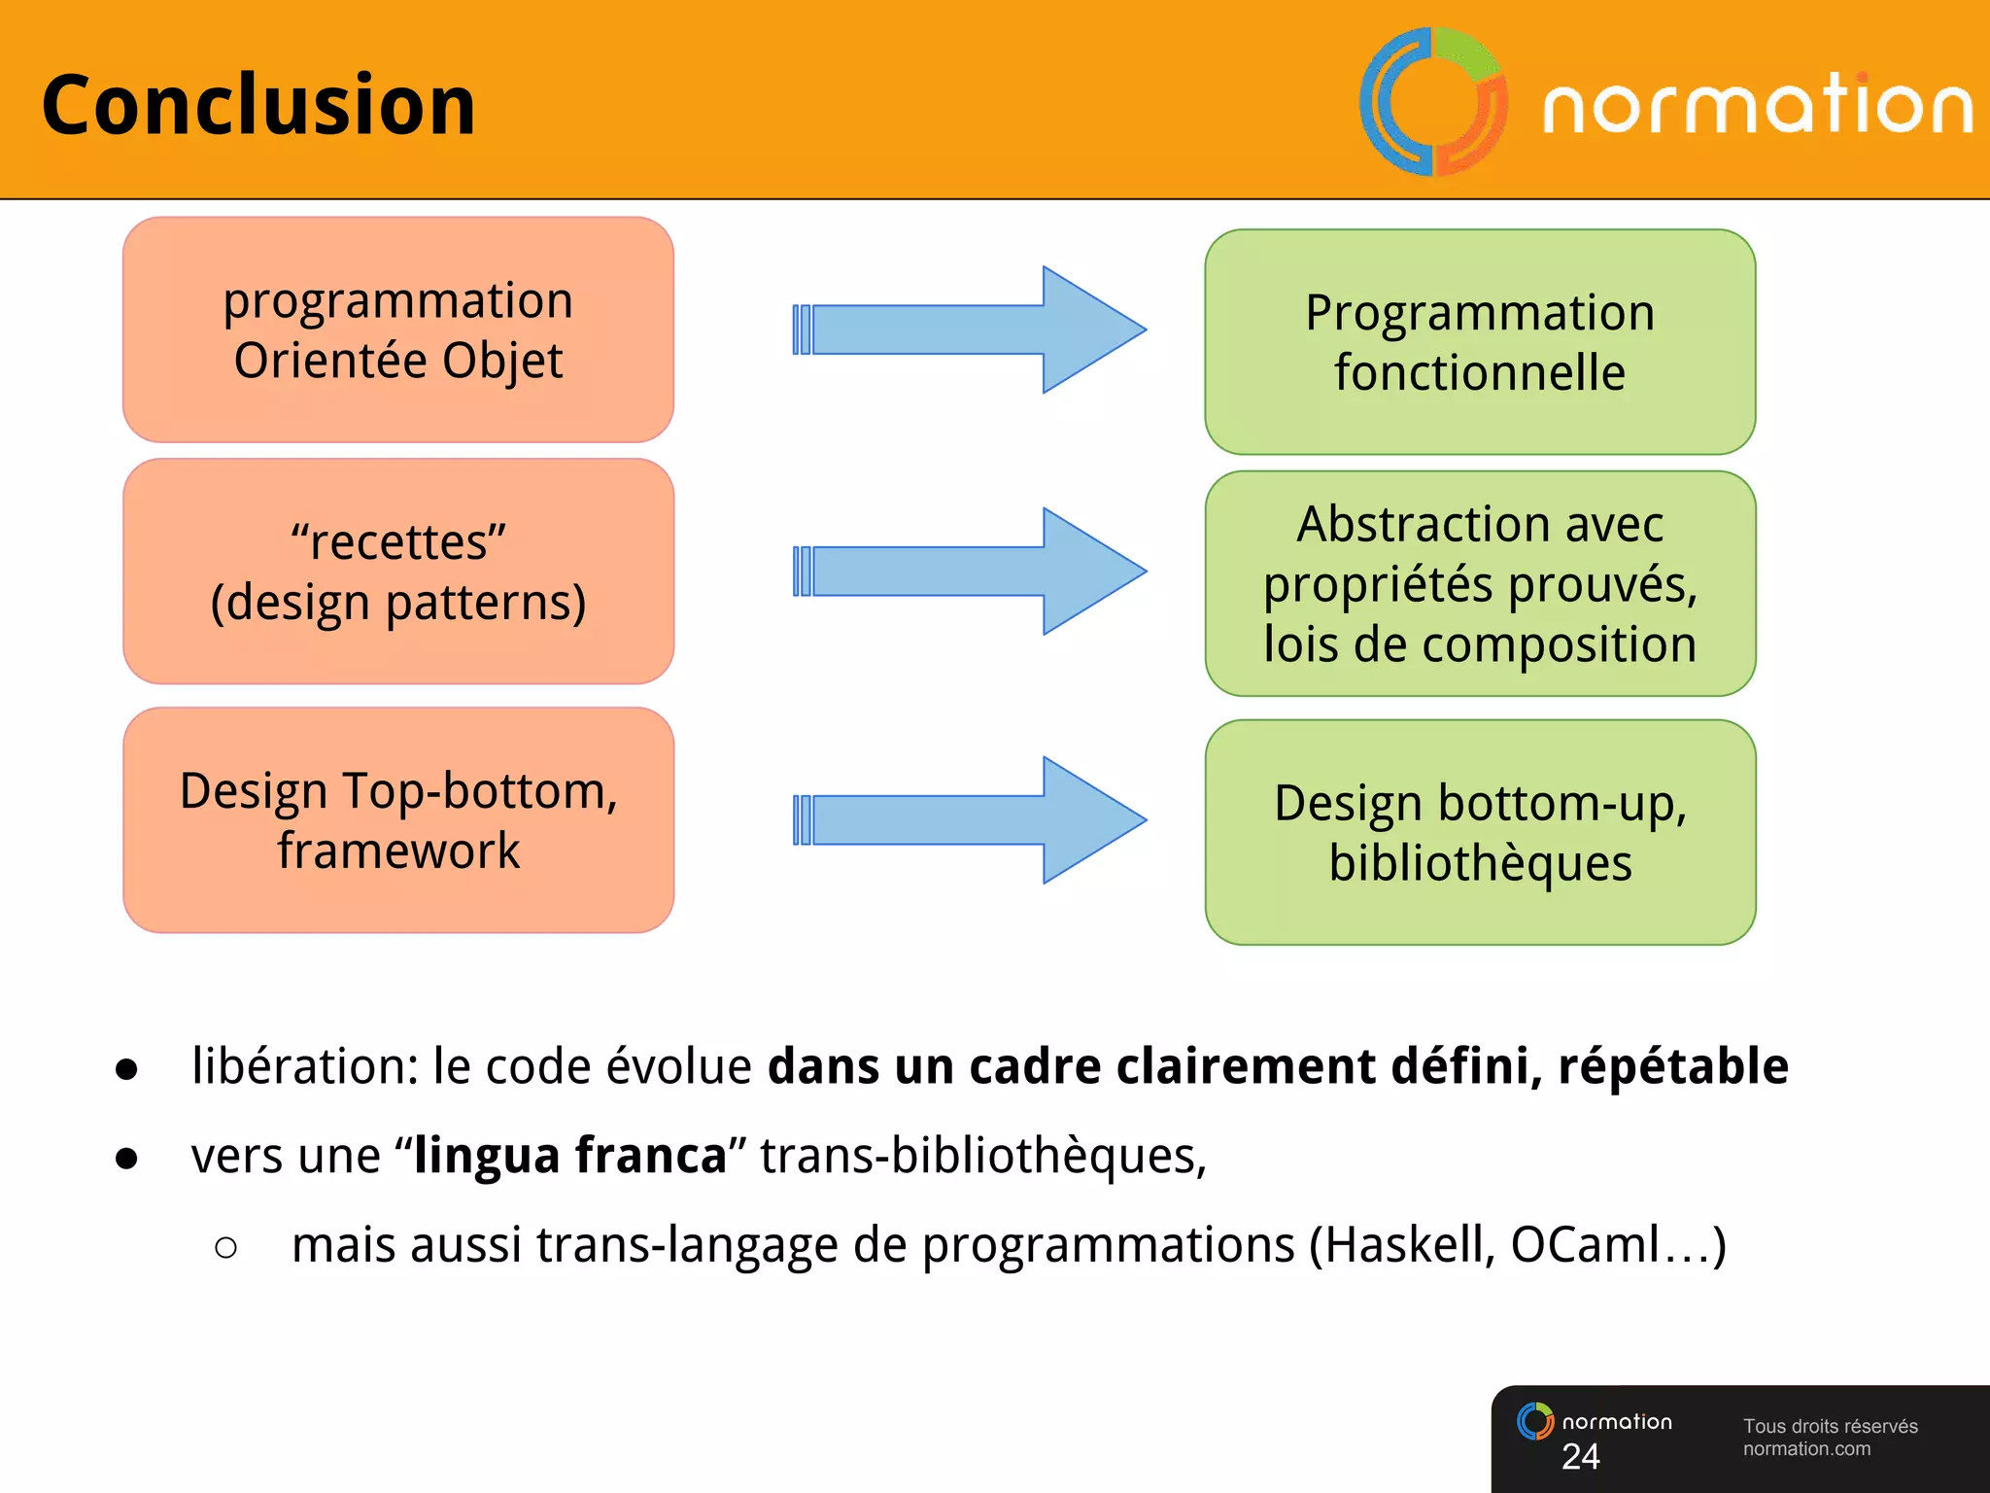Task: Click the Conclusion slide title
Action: click(258, 105)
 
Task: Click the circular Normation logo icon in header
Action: click(1433, 102)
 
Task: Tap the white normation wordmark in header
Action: click(1757, 105)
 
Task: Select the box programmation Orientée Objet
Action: click(398, 330)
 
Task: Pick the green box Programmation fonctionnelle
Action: click(1480, 342)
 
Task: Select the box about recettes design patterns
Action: click(398, 572)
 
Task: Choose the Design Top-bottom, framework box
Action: click(398, 820)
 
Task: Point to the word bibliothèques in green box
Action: click(1480, 863)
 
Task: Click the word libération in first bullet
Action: click(303, 1066)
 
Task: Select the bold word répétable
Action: click(1673, 1066)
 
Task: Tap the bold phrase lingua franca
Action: click(570, 1156)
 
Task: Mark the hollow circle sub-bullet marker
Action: click(225, 1247)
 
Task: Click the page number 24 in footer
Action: click(1580, 1456)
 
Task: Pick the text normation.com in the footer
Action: click(1806, 1449)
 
